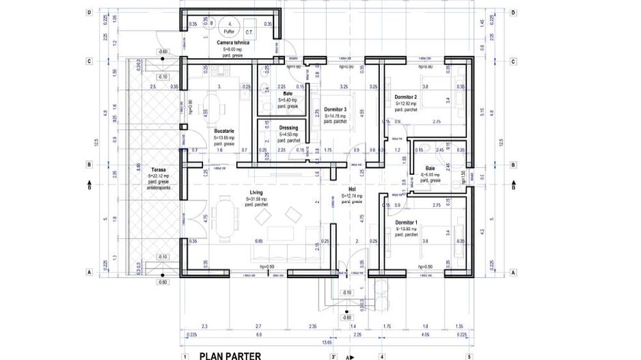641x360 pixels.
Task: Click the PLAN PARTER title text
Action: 229,355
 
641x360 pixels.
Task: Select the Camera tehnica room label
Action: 233,42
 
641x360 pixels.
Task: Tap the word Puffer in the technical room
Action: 228,31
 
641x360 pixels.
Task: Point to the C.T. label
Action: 250,31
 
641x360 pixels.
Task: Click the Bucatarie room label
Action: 224,130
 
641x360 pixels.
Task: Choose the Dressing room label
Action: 288,128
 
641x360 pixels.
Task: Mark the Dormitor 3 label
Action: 336,109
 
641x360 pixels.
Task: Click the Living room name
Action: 256,193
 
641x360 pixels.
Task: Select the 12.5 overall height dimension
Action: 98,142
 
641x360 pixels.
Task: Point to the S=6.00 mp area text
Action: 431,175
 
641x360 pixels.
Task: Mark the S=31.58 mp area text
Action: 256,199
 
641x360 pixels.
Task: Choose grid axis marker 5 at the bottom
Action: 470,356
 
